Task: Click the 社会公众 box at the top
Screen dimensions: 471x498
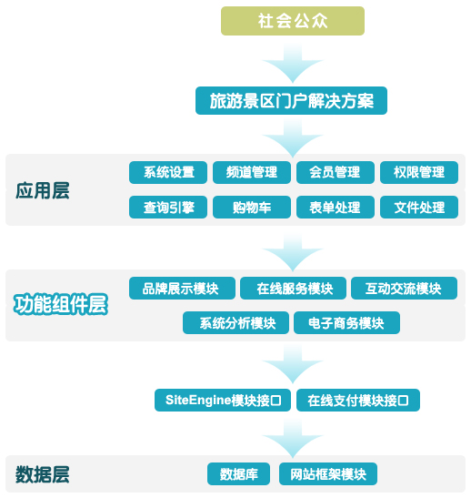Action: point(293,21)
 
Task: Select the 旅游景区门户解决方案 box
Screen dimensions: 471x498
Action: point(291,101)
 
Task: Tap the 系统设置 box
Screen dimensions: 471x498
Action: point(168,172)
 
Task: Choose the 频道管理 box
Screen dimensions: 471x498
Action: point(252,172)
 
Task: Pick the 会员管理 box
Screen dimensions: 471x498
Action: point(336,172)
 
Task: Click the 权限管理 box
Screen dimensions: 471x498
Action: point(419,172)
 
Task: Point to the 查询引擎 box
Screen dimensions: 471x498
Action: point(168,207)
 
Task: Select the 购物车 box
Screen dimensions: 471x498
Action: point(252,207)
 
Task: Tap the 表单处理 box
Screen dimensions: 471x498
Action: point(336,207)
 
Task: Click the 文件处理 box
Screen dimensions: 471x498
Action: point(419,207)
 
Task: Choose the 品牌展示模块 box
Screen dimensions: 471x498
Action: point(182,288)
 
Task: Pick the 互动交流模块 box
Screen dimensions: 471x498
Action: point(404,288)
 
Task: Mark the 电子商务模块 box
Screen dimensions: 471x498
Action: point(346,322)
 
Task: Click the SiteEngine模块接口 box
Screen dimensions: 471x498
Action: point(223,401)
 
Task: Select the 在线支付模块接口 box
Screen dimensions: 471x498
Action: point(358,401)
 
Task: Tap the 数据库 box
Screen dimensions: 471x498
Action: point(238,473)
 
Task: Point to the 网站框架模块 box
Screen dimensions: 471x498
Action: point(328,473)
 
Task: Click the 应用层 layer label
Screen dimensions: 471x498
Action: point(43,191)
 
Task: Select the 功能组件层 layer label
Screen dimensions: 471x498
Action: point(61,304)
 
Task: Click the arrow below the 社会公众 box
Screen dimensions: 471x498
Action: point(293,64)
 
